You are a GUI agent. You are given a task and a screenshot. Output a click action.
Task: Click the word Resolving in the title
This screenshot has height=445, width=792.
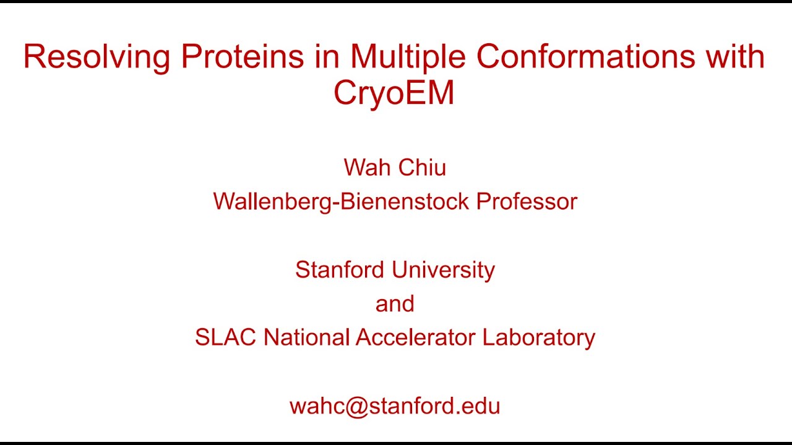97,57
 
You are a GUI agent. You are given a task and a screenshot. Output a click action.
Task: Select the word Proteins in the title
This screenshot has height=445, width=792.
243,57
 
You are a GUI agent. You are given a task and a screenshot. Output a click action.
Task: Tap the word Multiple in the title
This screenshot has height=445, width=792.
407,57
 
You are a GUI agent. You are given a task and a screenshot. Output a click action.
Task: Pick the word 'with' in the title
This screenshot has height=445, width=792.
734,57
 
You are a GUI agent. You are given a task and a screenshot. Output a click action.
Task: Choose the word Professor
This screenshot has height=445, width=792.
527,201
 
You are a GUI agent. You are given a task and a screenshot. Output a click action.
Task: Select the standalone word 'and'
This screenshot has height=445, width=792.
395,304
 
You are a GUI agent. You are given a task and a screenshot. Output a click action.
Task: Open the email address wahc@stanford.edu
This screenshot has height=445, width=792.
395,406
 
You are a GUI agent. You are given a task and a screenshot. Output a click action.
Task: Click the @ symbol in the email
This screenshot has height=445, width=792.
357,407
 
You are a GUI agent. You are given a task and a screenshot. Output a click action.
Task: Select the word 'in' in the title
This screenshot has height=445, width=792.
327,57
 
